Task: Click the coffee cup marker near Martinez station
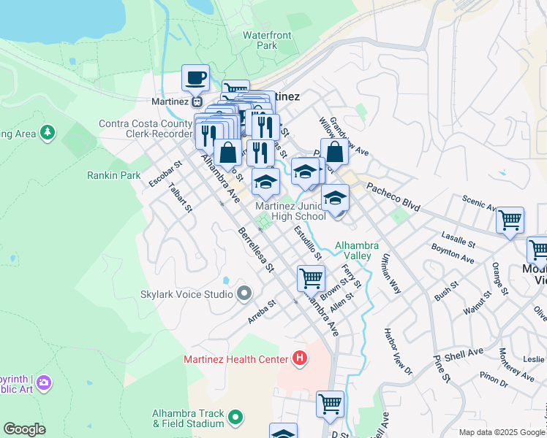[195, 77]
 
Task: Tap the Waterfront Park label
[267, 40]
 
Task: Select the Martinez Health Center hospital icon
[298, 358]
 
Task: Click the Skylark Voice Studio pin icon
[244, 294]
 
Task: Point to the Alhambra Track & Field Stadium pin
[235, 418]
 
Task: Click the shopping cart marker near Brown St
[312, 278]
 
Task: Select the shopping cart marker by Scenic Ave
[510, 220]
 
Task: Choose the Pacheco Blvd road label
[393, 197]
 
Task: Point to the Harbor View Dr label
[399, 351]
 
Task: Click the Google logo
[24, 429]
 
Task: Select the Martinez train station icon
[197, 101]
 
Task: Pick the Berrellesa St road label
[255, 249]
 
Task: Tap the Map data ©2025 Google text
[502, 431]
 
